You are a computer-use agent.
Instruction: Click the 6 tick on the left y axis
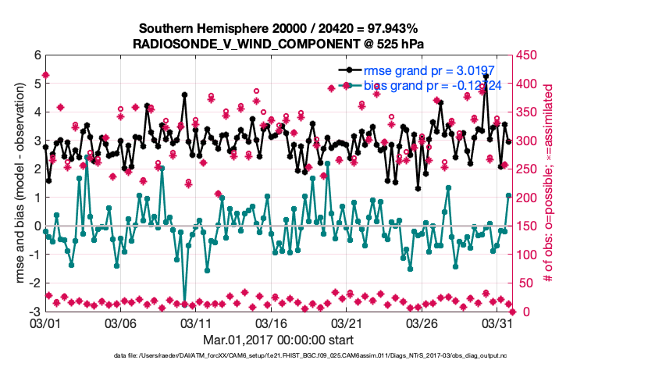coord(37,55)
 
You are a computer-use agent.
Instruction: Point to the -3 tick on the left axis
coord(34,312)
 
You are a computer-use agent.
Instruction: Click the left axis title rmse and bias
coord(18,183)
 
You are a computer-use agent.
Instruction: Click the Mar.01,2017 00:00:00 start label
coord(279,340)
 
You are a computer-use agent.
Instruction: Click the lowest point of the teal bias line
coord(185,303)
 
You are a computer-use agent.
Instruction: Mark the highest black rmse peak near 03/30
coord(486,77)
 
